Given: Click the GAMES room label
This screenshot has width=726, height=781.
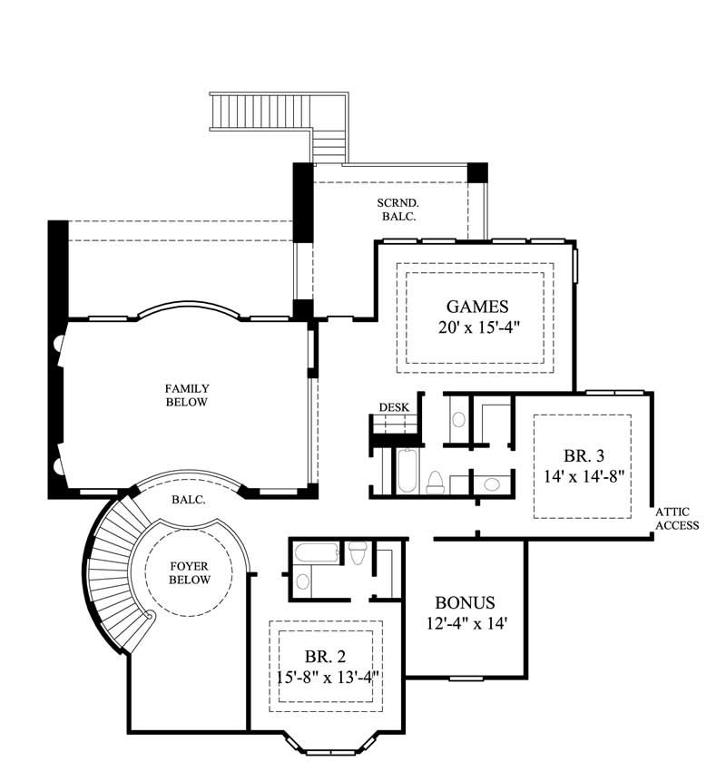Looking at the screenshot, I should [x=477, y=306].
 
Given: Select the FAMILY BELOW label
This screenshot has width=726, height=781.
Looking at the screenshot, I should [x=187, y=395].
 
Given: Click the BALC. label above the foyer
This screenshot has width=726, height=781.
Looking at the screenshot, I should [x=188, y=500].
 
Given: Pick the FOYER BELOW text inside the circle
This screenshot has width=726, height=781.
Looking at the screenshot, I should [x=190, y=573].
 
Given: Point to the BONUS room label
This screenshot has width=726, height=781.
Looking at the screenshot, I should [x=464, y=603].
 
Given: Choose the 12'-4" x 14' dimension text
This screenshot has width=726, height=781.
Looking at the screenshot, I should [x=464, y=624].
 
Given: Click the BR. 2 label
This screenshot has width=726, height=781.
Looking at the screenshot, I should [x=325, y=656].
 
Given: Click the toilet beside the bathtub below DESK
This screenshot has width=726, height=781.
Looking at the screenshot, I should [x=435, y=482].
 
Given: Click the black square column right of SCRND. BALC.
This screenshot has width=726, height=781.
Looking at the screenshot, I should [x=477, y=172].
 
